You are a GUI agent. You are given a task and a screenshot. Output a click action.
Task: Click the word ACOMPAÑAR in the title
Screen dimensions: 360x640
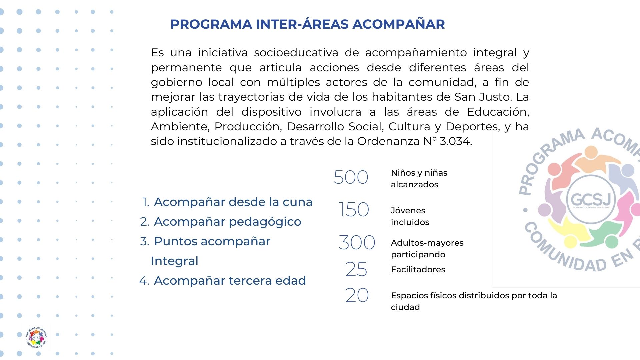[399, 24]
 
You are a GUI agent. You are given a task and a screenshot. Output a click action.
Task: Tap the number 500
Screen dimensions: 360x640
[351, 177]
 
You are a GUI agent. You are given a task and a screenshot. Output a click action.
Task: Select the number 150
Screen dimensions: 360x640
[353, 210]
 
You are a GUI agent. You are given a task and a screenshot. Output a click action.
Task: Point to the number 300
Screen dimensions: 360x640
[357, 242]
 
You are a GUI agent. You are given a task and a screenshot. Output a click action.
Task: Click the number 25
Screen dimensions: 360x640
[356, 269]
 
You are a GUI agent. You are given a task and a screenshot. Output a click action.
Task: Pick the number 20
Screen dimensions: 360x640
[357, 295]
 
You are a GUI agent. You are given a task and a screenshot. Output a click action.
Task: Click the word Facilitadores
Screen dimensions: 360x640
[418, 269]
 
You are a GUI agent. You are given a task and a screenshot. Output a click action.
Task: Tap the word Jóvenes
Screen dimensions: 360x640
[408, 210]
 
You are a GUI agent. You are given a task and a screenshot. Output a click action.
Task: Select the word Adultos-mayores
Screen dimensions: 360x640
[427, 243]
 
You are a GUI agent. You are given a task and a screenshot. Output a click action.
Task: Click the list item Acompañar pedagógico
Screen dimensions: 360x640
[227, 222]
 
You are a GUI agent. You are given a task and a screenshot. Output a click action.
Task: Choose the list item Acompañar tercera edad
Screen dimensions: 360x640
[230, 281]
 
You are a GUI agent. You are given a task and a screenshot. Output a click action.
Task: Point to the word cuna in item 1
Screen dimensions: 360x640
[297, 202]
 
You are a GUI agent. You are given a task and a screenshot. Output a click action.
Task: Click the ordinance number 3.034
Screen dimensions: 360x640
[455, 141]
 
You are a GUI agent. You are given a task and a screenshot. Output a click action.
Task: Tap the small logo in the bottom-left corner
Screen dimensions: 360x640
[36, 337]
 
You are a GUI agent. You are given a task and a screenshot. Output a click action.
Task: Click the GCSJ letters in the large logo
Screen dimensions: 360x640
[591, 199]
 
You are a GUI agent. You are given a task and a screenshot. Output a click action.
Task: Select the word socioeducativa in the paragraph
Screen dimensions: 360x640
[296, 53]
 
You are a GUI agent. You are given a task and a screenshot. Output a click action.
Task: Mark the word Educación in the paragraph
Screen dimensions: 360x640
[498, 112]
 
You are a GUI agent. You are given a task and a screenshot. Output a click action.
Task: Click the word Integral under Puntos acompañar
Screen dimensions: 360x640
[174, 261]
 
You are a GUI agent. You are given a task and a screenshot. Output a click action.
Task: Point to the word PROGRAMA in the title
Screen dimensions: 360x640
[211, 24]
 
